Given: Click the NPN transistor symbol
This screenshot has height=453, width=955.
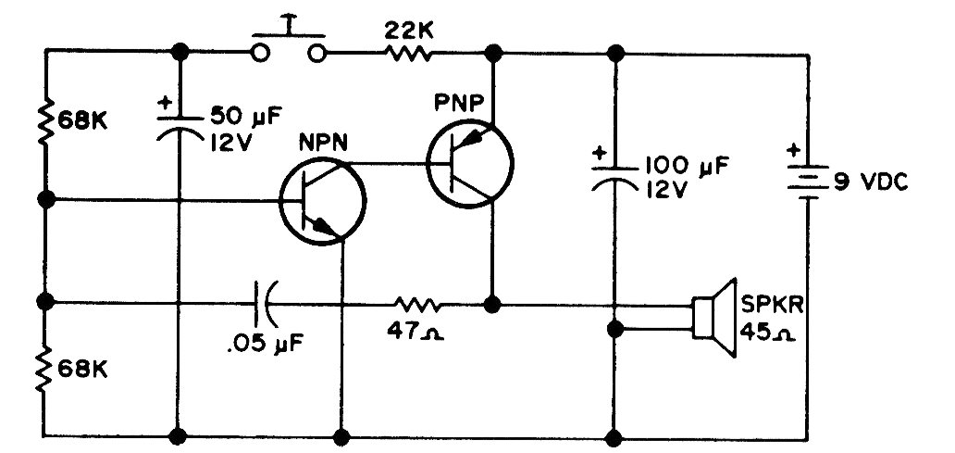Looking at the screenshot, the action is point(322,201).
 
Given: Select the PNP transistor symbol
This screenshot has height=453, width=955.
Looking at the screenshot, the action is point(470,163).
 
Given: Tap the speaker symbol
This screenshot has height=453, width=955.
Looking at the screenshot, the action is point(714,317).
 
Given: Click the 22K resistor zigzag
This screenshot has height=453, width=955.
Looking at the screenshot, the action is point(408,55).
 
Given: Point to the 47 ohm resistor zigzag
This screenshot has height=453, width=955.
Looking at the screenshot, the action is point(418,304).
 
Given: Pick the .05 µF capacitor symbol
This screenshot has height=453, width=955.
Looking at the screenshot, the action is point(265,302).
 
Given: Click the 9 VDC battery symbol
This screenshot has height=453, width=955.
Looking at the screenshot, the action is point(808,181).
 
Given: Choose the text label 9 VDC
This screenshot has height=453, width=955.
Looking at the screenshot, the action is point(871,181).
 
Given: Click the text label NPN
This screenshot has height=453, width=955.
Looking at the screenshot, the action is point(323,144).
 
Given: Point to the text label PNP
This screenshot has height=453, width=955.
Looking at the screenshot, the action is point(459,103).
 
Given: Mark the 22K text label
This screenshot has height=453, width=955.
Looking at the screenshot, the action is point(409,31).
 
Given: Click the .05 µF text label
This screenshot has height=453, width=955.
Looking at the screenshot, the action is point(265,345).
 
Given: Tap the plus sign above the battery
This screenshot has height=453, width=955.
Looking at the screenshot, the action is point(794,150).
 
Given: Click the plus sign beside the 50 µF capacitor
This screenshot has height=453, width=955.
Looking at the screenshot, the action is point(165,103).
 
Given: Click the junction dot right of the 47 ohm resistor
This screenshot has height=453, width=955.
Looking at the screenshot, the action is point(491,304).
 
